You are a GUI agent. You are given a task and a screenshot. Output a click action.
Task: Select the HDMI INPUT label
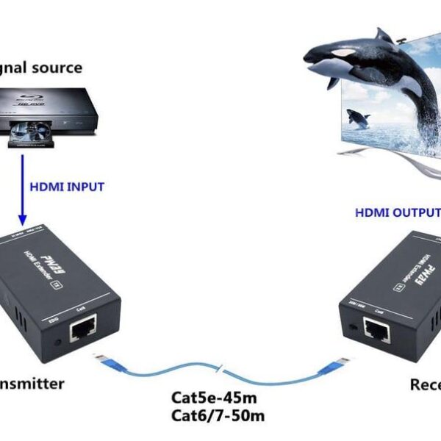tap(67, 187)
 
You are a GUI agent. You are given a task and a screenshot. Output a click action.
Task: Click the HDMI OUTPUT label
tap(397, 213)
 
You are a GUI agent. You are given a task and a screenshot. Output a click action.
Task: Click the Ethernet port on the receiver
tap(377, 330)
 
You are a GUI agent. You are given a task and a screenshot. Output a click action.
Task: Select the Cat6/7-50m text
tap(218, 416)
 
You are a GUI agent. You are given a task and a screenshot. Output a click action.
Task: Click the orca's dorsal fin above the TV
tap(384, 35)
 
